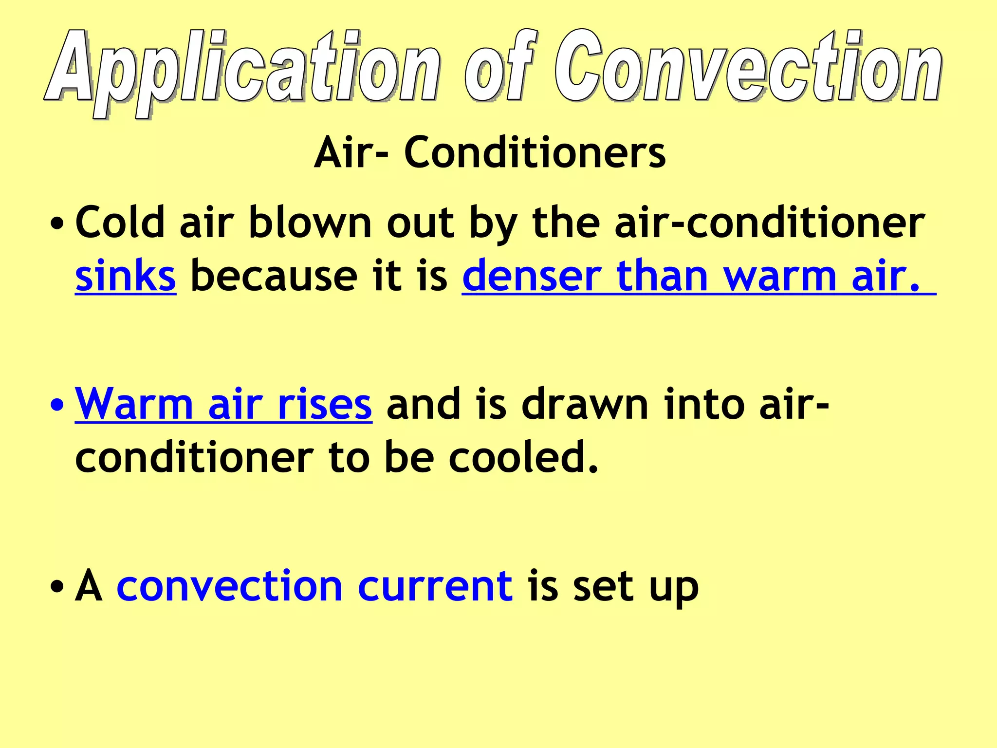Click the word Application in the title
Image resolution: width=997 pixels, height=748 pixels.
pyautogui.click(x=243, y=68)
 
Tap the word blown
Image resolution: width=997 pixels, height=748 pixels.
pyautogui.click(x=310, y=223)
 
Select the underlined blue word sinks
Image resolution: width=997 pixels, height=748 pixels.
pyautogui.click(x=125, y=277)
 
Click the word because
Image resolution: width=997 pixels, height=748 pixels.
pyautogui.click(x=273, y=277)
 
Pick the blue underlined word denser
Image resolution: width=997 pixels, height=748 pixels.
pyautogui.click(x=531, y=277)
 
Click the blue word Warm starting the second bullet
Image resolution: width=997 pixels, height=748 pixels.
pyautogui.click(x=134, y=404)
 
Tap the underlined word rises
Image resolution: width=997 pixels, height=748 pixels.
pyautogui.click(x=324, y=404)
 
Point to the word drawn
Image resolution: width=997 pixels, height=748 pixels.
pyautogui.click(x=585, y=404)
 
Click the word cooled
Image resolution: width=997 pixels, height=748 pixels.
pyautogui.click(x=523, y=458)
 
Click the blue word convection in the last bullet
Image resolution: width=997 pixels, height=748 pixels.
pyautogui.click(x=229, y=586)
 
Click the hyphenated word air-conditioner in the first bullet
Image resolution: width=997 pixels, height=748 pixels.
pyautogui.click(x=769, y=223)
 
